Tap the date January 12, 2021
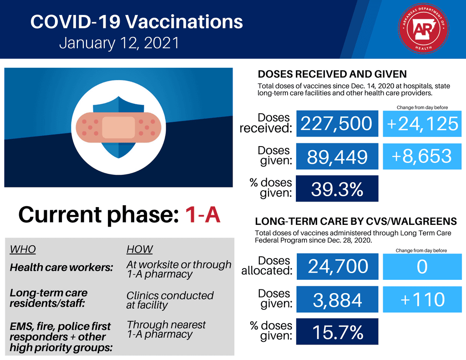click(x=119, y=43)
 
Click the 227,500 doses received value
click(x=337, y=123)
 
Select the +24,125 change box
click(x=422, y=123)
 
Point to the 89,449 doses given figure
click(x=337, y=156)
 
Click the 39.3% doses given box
click(x=337, y=188)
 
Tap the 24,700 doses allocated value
click(x=337, y=266)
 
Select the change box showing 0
click(x=422, y=266)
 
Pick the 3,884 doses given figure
click(x=337, y=299)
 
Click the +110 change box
click(x=422, y=299)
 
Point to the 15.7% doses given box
click(x=337, y=332)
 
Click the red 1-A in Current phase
click(x=203, y=215)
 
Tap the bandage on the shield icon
click(x=118, y=127)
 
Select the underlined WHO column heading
click(x=23, y=249)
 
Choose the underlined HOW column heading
click(x=139, y=249)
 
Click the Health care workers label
click(x=61, y=268)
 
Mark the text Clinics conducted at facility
click(x=169, y=300)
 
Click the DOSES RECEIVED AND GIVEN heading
click(x=332, y=74)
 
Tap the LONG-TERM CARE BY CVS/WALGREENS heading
click(x=356, y=222)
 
